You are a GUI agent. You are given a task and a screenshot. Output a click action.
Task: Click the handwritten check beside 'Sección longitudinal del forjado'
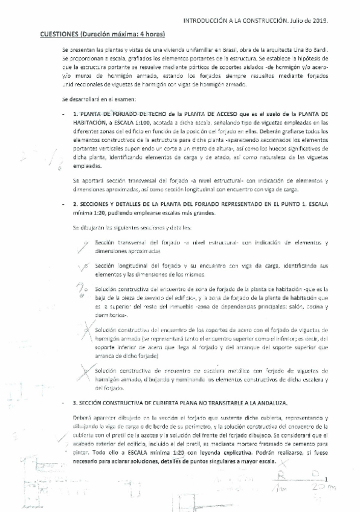click(85, 266)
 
